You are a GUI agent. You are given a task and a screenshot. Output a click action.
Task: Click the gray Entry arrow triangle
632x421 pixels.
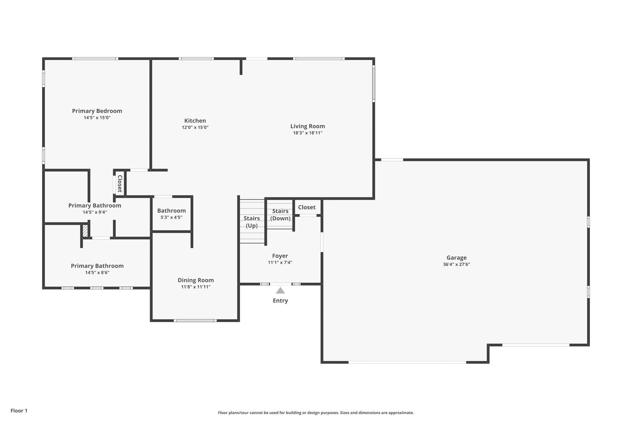pos(280,291)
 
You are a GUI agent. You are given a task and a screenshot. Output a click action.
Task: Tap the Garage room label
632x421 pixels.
pos(456,258)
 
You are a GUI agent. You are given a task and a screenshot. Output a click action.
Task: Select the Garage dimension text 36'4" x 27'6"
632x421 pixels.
pos(456,264)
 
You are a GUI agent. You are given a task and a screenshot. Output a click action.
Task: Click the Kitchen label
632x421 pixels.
pos(195,121)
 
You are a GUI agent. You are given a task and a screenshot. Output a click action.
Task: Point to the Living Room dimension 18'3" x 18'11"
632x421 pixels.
pos(308,133)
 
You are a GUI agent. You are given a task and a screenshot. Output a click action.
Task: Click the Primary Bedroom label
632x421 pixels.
pos(97,111)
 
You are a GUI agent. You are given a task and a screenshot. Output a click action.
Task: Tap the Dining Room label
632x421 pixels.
pos(196,280)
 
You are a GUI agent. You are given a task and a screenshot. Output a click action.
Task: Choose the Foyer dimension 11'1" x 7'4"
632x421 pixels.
pos(280,262)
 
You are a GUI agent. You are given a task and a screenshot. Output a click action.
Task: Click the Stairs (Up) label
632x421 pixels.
pos(252,222)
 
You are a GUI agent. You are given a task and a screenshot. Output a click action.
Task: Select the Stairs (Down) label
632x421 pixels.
pos(280,215)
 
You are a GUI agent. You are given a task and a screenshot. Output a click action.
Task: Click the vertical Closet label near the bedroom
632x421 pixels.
pos(120,184)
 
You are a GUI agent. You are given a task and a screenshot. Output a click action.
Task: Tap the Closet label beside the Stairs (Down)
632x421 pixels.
pos(307,207)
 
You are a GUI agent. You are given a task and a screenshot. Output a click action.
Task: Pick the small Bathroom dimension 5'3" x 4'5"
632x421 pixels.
pos(172,217)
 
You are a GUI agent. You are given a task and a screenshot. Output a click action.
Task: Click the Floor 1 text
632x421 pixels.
pos(19,411)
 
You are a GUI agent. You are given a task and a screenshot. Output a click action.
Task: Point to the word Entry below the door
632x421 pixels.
pos(280,301)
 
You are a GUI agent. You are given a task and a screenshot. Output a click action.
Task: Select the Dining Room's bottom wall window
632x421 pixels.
pos(195,321)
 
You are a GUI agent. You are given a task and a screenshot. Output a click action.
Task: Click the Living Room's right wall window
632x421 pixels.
pos(374,83)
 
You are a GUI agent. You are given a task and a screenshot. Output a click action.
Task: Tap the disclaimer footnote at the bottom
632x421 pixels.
pos(316,413)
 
